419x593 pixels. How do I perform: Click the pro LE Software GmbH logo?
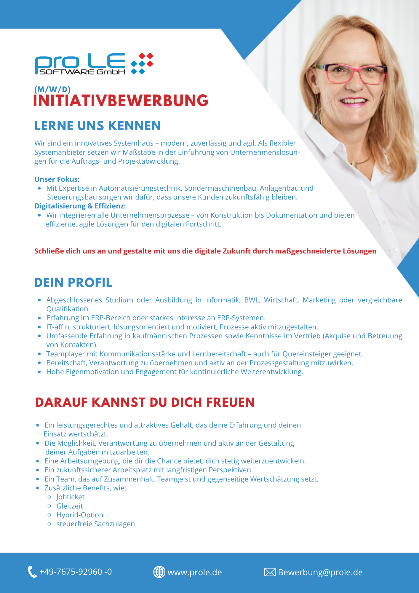point(94,64)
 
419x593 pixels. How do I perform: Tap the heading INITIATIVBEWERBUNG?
point(121,101)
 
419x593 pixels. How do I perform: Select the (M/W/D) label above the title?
point(52,89)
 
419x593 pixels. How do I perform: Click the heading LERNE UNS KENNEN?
point(97,126)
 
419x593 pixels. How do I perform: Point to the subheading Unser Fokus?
point(57,179)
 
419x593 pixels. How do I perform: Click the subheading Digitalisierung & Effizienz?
point(80,206)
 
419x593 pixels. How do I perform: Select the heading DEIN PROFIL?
point(73,283)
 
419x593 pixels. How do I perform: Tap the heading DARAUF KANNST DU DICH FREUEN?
point(145,402)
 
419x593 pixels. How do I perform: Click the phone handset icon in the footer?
point(32,572)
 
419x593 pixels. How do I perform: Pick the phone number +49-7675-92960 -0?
point(76,572)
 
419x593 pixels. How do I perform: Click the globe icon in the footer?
point(159,572)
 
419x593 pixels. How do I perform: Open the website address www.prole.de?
point(195,572)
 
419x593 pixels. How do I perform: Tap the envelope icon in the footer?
point(270,572)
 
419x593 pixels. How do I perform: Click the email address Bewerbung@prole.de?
point(320,572)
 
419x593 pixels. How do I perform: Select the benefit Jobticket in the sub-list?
point(71,497)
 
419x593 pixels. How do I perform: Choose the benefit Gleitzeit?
point(70,506)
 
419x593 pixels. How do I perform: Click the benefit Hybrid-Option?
point(80,515)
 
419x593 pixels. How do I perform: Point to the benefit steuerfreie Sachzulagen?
point(95,524)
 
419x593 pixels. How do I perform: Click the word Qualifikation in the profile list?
point(68,309)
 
